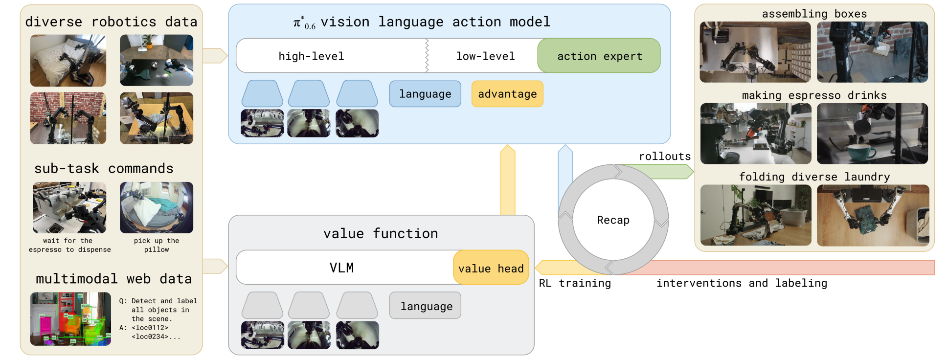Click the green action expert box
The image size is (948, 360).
tap(599, 56)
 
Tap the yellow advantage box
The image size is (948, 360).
tap(507, 94)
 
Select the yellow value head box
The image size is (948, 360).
tap(491, 268)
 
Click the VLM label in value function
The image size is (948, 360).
tap(341, 268)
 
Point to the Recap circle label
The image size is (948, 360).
tap(613, 220)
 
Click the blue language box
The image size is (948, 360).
tap(425, 94)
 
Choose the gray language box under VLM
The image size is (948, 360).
tap(426, 306)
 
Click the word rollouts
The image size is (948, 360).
tap(664, 157)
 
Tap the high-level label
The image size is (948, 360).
tap(311, 56)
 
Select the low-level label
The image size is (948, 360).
tap(485, 56)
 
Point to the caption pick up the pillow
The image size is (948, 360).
tap(157, 245)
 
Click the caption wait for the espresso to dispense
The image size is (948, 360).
tap(69, 245)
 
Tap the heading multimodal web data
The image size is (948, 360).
tap(113, 279)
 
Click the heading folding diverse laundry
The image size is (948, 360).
tap(814, 177)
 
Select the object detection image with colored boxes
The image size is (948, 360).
tap(70, 319)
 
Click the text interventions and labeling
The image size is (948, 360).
tap(742, 283)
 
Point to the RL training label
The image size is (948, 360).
tap(575, 283)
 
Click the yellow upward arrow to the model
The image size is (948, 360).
tap(508, 181)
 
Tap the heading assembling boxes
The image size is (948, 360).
tap(814, 14)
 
